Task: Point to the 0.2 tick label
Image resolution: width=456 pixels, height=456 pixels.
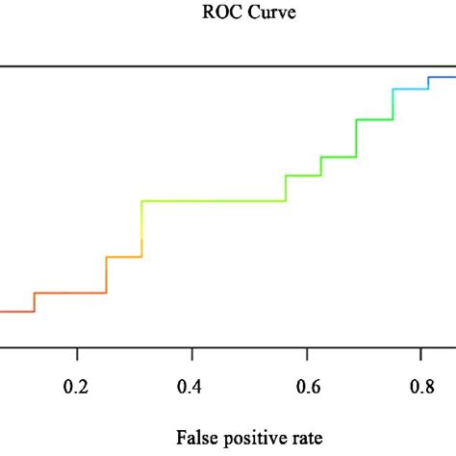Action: click(78, 388)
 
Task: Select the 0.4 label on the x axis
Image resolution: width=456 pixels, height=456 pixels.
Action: click(192, 388)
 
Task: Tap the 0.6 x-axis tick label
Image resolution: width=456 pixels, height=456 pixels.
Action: click(307, 388)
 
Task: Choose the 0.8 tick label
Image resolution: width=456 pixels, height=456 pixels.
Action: click(421, 388)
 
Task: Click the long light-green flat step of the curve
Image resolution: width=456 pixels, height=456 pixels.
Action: click(214, 201)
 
